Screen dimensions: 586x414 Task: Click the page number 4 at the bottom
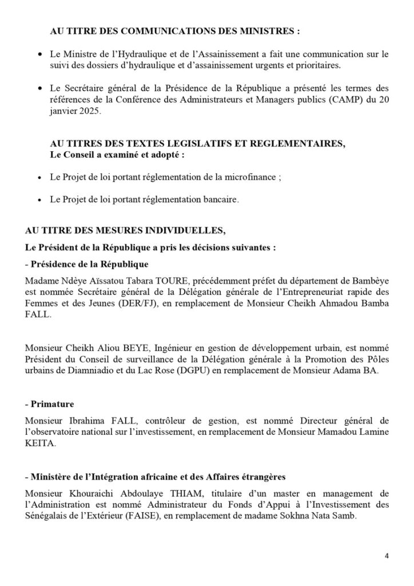386,556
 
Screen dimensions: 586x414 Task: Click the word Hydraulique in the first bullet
124,54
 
